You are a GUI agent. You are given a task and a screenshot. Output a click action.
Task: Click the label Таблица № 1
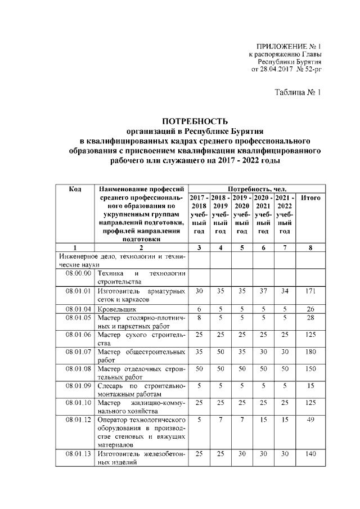click(298, 92)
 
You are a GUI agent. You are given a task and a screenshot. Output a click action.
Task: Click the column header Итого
click(311, 197)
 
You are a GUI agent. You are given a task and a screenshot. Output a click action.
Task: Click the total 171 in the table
click(311, 291)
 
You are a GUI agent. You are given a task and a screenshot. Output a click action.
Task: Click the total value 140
click(311, 454)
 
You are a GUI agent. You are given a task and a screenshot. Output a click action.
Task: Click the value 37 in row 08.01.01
click(263, 291)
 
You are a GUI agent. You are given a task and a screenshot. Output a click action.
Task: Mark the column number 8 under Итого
click(311, 247)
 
